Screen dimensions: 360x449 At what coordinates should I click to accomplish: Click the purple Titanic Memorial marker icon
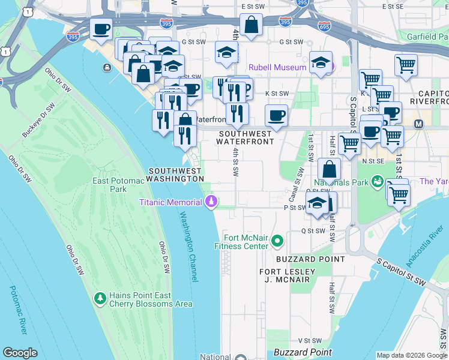[210, 202]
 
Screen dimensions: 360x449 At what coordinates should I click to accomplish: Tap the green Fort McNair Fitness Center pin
[277, 241]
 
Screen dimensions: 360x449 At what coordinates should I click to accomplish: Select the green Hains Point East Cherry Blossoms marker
[100, 298]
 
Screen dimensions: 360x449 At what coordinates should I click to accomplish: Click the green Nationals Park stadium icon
[378, 181]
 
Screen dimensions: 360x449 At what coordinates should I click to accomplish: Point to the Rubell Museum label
[278, 67]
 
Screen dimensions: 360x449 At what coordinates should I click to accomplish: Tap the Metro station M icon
[418, 124]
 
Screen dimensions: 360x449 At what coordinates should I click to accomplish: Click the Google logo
[20, 353]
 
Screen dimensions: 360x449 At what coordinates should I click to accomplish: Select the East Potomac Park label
[109, 184]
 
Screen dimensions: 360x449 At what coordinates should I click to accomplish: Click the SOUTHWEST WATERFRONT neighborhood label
[246, 137]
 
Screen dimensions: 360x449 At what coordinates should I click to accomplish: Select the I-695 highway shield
[325, 26]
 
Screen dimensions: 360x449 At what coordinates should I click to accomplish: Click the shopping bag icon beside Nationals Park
[329, 170]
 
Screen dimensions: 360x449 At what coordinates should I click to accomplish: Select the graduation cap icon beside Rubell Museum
[321, 64]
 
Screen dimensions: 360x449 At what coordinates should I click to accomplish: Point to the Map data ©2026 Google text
[411, 355]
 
